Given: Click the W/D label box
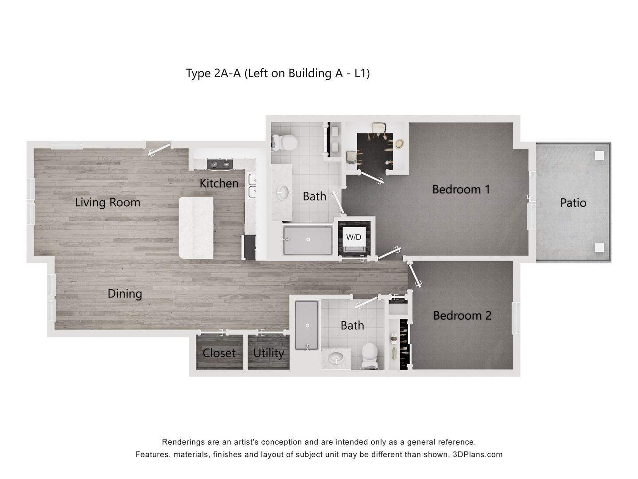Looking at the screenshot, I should [354, 237].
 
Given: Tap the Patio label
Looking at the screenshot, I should [573, 203].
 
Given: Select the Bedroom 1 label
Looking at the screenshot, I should [461, 189].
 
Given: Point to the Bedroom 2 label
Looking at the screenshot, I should [462, 315].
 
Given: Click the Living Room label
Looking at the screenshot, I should [107, 202].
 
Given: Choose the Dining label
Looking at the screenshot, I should [125, 294].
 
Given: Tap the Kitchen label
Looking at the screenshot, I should [219, 183].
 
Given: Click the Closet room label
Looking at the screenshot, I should [219, 353].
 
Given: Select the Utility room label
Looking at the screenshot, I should [268, 353].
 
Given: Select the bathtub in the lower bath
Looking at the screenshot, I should [307, 325].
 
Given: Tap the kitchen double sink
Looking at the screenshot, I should [253, 185].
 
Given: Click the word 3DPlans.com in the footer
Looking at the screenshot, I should [478, 455].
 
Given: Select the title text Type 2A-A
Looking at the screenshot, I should [213, 73].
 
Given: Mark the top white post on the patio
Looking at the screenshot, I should [599, 155].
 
